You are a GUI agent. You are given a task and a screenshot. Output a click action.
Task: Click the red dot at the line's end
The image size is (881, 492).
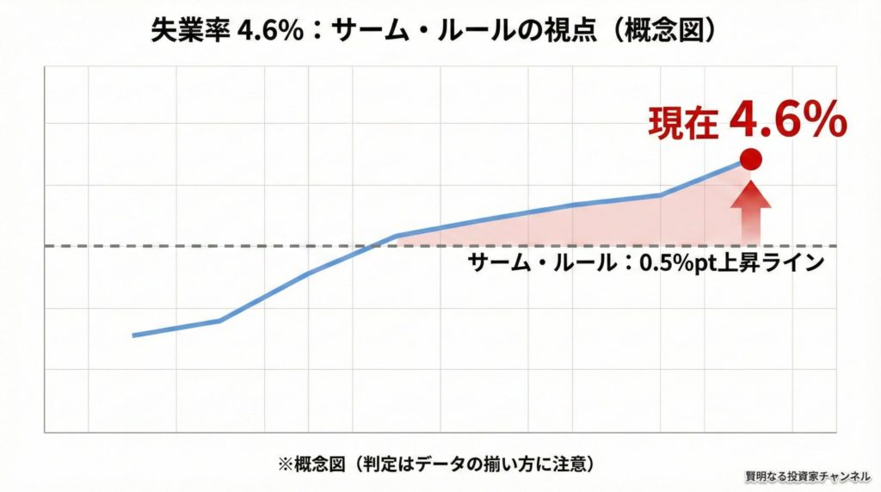tap(751, 159)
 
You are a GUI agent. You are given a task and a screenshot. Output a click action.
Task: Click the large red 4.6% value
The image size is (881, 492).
tap(788, 122)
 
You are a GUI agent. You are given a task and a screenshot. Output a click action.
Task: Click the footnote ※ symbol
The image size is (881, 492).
tap(283, 464)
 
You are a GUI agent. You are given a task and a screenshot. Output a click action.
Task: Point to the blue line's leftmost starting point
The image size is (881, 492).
tap(133, 335)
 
